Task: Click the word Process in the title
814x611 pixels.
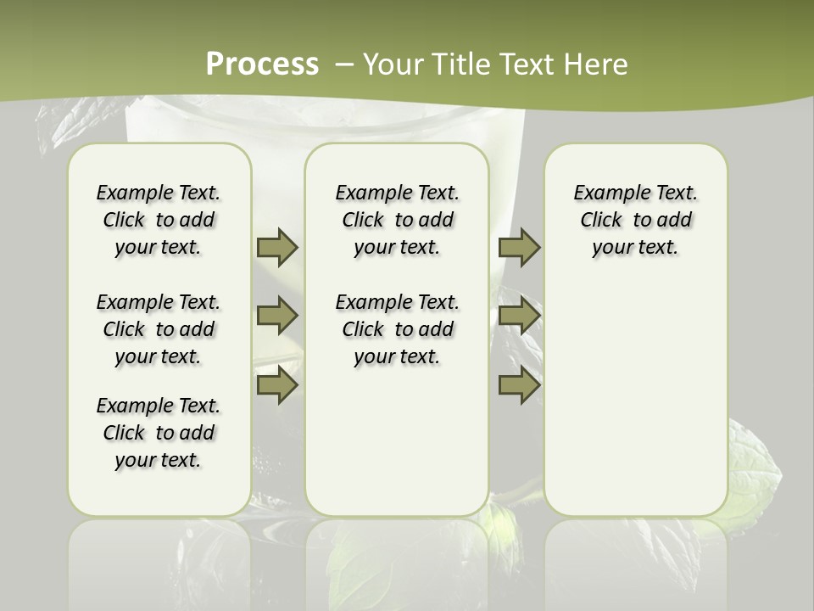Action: tap(262, 64)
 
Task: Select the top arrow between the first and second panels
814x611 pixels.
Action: tap(277, 248)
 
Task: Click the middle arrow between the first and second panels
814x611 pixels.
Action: tap(277, 317)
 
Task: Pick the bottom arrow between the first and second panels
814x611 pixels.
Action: tap(277, 385)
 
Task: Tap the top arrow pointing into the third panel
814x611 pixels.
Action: tap(519, 248)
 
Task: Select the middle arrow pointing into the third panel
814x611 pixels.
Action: tap(519, 317)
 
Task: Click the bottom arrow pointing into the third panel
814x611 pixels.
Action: tap(519, 385)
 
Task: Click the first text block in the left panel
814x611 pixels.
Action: tap(159, 220)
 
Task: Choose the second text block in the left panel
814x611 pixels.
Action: tap(159, 329)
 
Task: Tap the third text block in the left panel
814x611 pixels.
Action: tap(159, 433)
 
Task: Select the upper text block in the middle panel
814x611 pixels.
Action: tap(397, 220)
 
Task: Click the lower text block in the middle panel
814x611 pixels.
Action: tap(397, 329)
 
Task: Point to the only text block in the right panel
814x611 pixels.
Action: tap(635, 220)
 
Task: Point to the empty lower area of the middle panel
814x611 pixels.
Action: tap(397, 441)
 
